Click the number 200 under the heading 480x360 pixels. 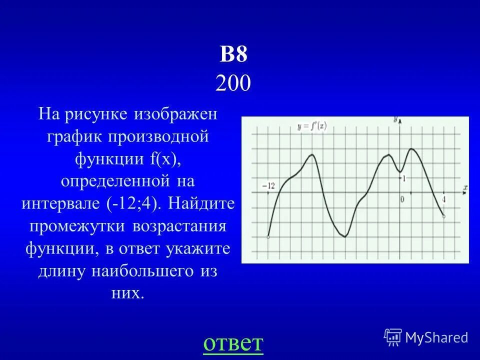pyautogui.click(x=233, y=83)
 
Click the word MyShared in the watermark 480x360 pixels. pyautogui.click(x=436, y=338)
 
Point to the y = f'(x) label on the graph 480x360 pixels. pyautogui.click(x=311, y=126)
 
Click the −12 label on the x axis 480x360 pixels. pyautogui.click(x=268, y=185)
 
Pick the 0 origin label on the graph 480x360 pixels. pyautogui.click(x=401, y=199)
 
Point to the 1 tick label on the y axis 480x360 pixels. pyautogui.click(x=404, y=178)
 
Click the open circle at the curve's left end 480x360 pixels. pyautogui.click(x=268, y=237)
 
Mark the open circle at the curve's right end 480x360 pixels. pyautogui.click(x=444, y=216)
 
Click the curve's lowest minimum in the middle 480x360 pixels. pyautogui.click(x=345, y=236)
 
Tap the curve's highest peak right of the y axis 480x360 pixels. pyautogui.click(x=411, y=148)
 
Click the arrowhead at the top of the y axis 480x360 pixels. pyautogui.click(x=399, y=120)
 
